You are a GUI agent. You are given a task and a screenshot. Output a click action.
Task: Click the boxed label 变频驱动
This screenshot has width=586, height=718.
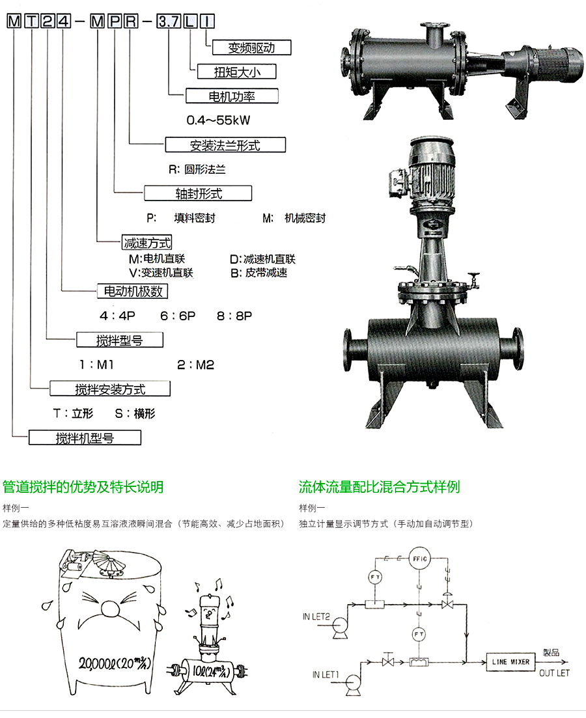[251, 47]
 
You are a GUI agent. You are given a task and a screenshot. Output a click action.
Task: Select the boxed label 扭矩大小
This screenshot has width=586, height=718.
[232, 71]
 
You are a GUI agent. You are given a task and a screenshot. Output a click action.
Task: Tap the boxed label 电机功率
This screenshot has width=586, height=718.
[231, 96]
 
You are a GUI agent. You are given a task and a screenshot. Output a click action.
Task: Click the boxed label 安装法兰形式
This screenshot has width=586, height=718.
[225, 145]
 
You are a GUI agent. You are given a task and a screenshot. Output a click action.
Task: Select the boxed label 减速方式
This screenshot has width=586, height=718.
[147, 243]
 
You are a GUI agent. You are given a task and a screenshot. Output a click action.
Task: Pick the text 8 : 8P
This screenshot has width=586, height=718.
[234, 316]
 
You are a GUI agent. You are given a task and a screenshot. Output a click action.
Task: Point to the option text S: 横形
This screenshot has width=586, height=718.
[135, 413]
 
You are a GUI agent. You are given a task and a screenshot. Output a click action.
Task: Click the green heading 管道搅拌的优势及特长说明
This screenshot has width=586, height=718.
[83, 487]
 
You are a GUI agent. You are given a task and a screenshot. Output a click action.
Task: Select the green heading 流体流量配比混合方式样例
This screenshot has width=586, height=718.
[379, 487]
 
